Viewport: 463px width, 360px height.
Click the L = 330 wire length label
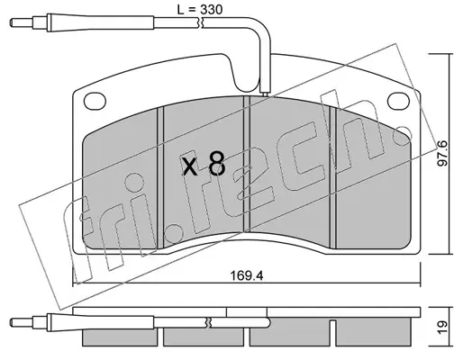[x=199, y=10]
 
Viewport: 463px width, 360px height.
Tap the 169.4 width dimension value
[x=247, y=275]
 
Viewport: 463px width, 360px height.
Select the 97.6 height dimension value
[x=442, y=153]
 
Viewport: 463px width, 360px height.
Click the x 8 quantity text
[x=204, y=164]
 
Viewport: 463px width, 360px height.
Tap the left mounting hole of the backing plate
[x=95, y=101]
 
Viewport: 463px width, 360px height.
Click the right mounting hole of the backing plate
[x=398, y=101]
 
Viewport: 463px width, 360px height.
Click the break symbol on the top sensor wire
[x=201, y=22]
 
